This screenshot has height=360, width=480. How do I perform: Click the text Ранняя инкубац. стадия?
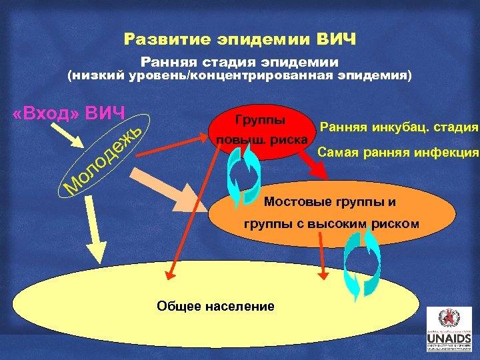pos(399,127)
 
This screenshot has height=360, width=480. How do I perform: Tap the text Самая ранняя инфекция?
pos(398,153)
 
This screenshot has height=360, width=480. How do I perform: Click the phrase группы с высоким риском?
pos(331,224)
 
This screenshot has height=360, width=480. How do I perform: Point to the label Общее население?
pos(215,306)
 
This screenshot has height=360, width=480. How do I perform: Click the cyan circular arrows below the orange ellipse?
pos(360,263)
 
